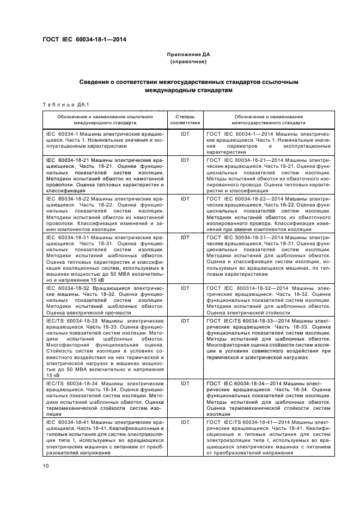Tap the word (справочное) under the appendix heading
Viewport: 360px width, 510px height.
coord(188,62)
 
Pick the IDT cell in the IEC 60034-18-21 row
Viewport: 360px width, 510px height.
coord(185,160)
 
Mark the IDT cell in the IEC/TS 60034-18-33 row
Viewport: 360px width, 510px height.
coord(185,321)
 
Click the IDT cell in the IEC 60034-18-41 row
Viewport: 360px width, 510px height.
coord(185,422)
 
